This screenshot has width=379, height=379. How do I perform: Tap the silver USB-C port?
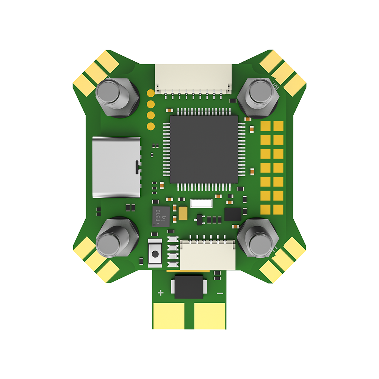coord(116,167)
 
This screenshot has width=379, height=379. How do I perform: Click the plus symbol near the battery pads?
coord(160,293)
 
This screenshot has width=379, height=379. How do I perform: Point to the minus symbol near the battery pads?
coord(219,293)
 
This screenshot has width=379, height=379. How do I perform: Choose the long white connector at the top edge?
coord(193,78)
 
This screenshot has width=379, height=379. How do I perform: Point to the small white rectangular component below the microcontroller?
coord(201,203)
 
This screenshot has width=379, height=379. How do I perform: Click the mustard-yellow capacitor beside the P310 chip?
coord(183,213)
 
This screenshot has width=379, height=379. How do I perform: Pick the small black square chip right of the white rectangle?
coord(232,214)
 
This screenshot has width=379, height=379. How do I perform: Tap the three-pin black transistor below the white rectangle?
coord(199,219)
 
